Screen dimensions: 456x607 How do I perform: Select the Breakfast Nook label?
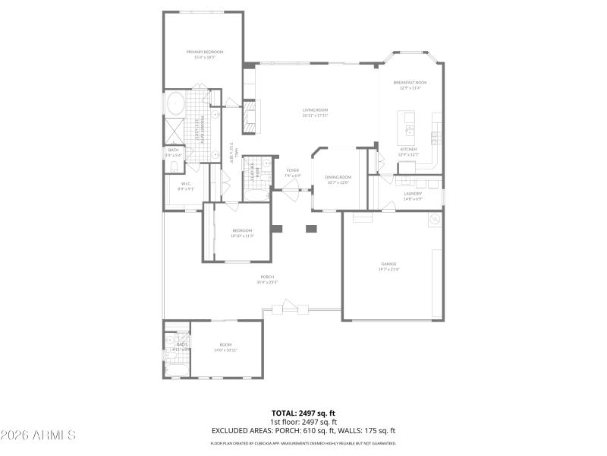pyautogui.click(x=410, y=84)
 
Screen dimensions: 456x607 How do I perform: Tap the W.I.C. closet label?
pyautogui.click(x=185, y=185)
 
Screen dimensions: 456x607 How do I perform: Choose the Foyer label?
pyautogui.click(x=292, y=173)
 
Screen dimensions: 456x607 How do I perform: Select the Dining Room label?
pyautogui.click(x=338, y=179)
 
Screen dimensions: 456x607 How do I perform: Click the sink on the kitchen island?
pyautogui.click(x=409, y=118)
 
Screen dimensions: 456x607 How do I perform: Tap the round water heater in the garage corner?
pyautogui.click(x=435, y=220)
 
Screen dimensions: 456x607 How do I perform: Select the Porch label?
pyautogui.click(x=267, y=279)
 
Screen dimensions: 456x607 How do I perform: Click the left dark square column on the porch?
pyautogui.click(x=277, y=228)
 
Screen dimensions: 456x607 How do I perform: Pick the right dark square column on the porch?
pyautogui.click(x=311, y=228)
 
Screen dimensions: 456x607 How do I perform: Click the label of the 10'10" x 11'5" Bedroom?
pyautogui.click(x=242, y=233)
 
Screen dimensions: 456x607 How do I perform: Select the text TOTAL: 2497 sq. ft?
pyautogui.click(x=303, y=413)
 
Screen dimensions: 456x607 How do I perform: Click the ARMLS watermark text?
pyautogui.click(x=38, y=435)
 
